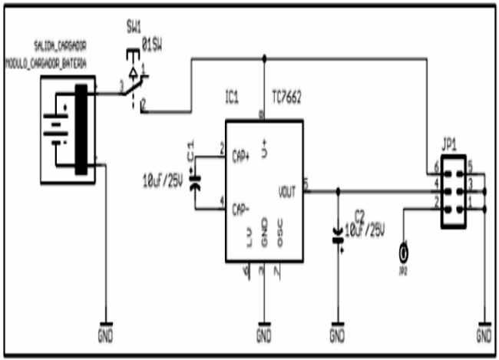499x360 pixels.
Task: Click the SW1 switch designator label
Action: click(133, 25)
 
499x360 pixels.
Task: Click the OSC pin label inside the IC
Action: click(281, 239)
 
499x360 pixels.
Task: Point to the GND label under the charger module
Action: click(105, 335)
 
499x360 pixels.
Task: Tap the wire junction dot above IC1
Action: click(263, 58)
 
